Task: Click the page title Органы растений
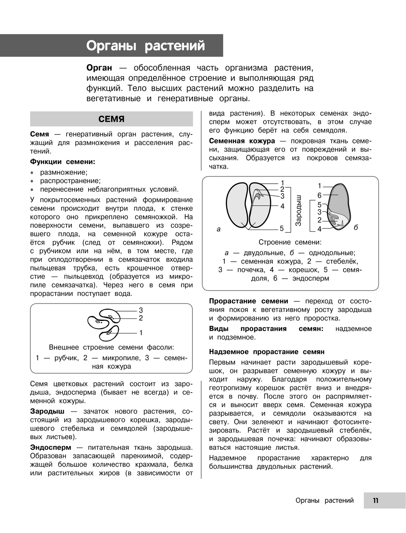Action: pyautogui.click(x=145, y=45)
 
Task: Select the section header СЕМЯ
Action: pyautogui.click(x=111, y=119)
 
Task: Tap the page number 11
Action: pyautogui.click(x=376, y=500)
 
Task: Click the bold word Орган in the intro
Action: pyautogui.click(x=99, y=68)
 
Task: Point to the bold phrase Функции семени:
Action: pyautogui.click(x=63, y=162)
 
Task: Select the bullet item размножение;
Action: pyautogui.click(x=63, y=172)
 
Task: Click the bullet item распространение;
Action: pyautogui.click(x=70, y=181)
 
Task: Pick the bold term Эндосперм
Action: pyautogui.click(x=50, y=447)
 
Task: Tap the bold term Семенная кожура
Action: pyautogui.click(x=242, y=141)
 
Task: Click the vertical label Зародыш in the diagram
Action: pyautogui.click(x=298, y=210)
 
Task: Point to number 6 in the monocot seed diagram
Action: pyautogui.click(x=320, y=195)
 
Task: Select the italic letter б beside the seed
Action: pyautogui.click(x=356, y=227)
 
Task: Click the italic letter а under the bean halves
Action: pyautogui.click(x=219, y=229)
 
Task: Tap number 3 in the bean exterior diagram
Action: pyautogui.click(x=141, y=310)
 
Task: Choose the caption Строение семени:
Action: pyautogui.click(x=290, y=242)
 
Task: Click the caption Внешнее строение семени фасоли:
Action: pyautogui.click(x=111, y=347)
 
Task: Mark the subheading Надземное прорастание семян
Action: pyautogui.click(x=267, y=352)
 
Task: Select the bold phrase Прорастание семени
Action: pyautogui.click(x=248, y=301)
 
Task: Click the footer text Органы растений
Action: pyautogui.click(x=324, y=500)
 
